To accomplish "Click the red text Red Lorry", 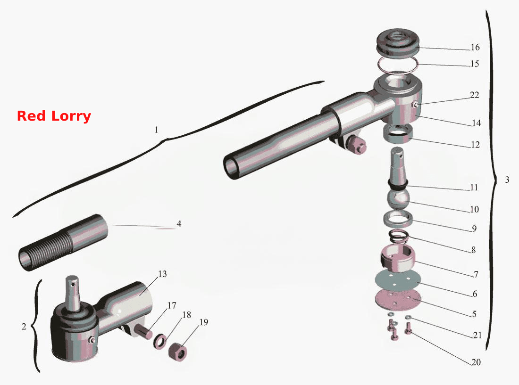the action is [54, 116].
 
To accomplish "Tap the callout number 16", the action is [475, 47].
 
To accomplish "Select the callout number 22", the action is [474, 95].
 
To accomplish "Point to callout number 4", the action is [179, 224].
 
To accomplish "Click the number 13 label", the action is [162, 274].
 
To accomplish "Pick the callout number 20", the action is [476, 362].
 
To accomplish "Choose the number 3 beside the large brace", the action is [507, 180].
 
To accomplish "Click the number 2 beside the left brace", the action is [24, 327].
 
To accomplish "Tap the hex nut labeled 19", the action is [177, 352].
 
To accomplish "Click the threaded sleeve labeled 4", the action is [63, 242].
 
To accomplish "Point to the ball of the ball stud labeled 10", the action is [398, 198].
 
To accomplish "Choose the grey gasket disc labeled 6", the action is [398, 280].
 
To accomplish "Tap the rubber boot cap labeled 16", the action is [398, 44].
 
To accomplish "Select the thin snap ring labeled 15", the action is [398, 65].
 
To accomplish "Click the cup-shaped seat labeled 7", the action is [398, 258].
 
